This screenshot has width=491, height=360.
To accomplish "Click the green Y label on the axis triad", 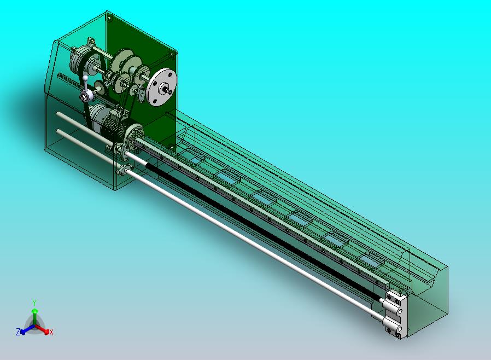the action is pyautogui.click(x=34, y=303).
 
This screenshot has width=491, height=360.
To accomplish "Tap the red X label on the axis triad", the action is pyautogui.click(x=51, y=332).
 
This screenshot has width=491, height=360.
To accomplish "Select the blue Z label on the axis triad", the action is pyautogui.click(x=18, y=332).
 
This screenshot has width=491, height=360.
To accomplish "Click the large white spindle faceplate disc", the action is pyautogui.click(x=162, y=87).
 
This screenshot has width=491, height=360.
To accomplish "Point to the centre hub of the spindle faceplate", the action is pyautogui.click(x=163, y=89).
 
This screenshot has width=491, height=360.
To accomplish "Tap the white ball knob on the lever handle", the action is pyautogui.click(x=85, y=78).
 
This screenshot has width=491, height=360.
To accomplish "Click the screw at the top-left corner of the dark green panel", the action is pyautogui.click(x=109, y=18).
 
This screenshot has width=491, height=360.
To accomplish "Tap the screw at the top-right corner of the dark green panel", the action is pyautogui.click(x=172, y=55).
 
